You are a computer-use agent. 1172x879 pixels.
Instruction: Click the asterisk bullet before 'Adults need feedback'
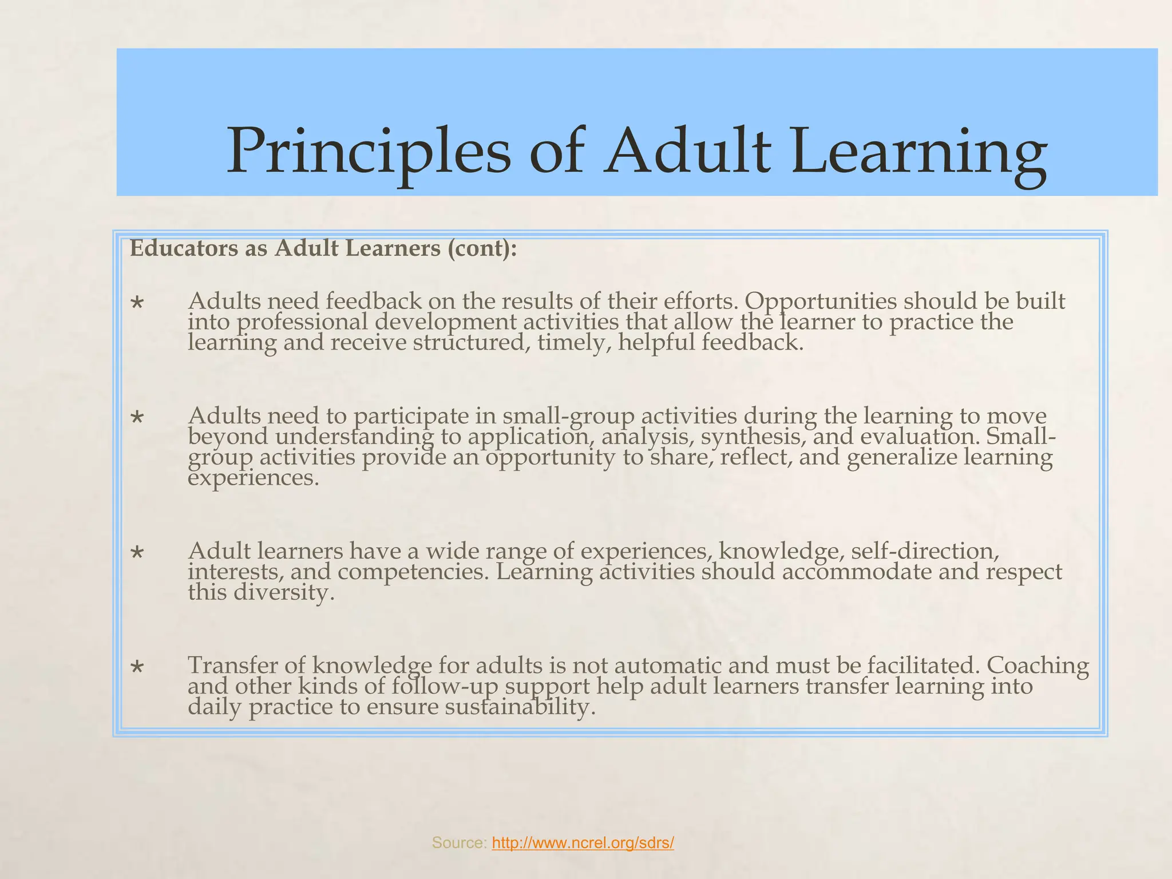tap(137, 302)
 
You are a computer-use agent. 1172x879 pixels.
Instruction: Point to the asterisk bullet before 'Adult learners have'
tap(137, 552)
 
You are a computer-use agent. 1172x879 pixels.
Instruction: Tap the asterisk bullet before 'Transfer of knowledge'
tap(137, 667)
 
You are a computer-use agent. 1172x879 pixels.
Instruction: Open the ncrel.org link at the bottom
tap(583, 842)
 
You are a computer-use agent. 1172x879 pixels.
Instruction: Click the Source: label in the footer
tap(459, 842)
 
